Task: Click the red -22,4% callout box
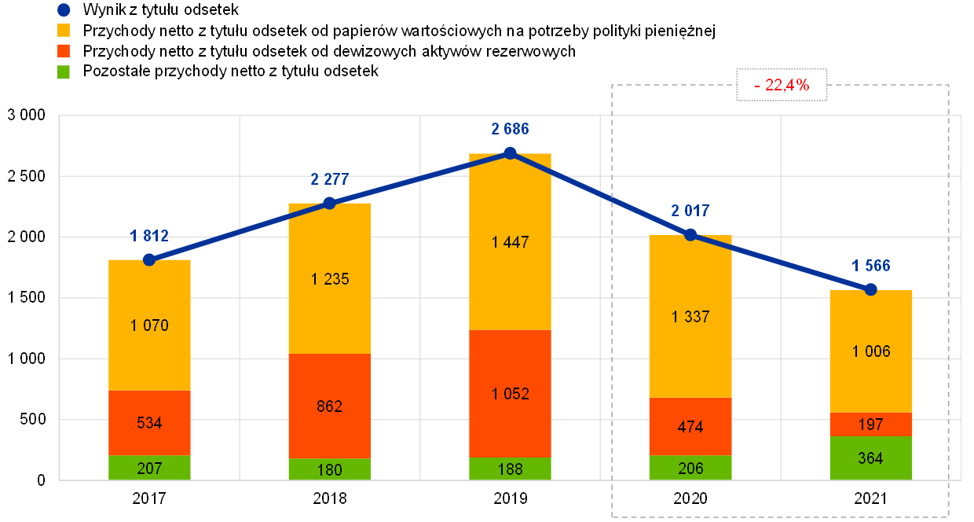tap(782, 85)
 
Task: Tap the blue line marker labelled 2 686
tap(510, 153)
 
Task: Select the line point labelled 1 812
tap(149, 259)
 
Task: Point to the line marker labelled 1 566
tap(870, 289)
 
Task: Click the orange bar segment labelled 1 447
tap(510, 241)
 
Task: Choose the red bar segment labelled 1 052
tap(510, 393)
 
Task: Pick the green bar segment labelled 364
tap(870, 458)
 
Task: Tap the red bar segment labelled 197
tap(870, 425)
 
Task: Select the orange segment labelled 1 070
tap(149, 325)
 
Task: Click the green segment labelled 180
tap(329, 469)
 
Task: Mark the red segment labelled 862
tap(329, 406)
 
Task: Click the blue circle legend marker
tap(64, 10)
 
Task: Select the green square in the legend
tap(64, 72)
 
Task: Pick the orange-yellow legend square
tap(64, 31)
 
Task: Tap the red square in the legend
tap(64, 51)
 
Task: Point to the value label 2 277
tap(329, 179)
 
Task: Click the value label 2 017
tap(690, 211)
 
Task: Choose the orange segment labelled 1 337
tap(690, 316)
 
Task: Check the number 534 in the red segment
tap(149, 423)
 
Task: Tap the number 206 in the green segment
tap(690, 469)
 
